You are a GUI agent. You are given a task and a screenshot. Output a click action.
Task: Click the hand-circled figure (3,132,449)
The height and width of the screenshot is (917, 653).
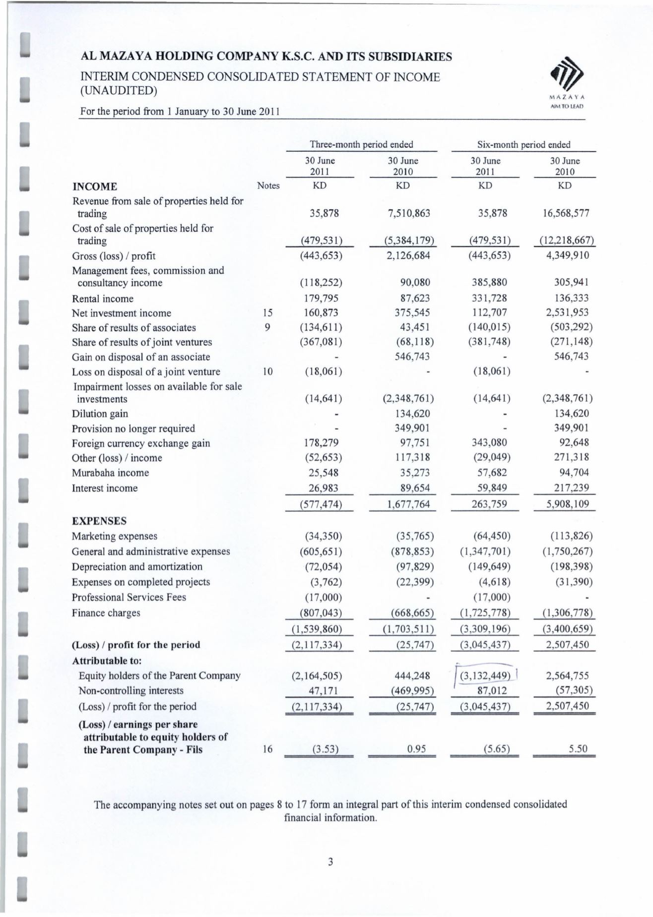485,675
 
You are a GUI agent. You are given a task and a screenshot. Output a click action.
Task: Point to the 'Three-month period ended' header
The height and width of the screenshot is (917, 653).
361,145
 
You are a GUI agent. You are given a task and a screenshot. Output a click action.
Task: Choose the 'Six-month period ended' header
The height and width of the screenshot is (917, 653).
523,145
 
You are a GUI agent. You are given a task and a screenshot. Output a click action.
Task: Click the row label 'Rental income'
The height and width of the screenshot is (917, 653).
103,299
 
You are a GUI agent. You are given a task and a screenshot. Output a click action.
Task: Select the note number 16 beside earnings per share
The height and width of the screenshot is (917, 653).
267,749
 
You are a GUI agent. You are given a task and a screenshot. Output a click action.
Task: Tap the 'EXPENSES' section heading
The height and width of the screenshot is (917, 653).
99,521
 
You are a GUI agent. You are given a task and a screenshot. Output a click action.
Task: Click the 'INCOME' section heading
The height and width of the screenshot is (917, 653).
95,187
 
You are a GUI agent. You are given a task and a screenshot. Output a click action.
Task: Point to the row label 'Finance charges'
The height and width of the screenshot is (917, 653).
106,613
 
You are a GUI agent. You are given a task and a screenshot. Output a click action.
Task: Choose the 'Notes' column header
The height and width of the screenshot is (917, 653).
268,186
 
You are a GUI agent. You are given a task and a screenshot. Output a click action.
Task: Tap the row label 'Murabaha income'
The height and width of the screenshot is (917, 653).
110,473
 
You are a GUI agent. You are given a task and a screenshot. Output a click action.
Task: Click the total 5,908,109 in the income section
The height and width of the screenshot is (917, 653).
565,505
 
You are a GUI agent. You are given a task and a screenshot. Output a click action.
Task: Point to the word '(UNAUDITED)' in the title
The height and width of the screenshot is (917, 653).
115,91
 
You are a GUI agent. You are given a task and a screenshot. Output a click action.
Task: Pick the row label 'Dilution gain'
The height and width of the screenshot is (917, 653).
100,414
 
